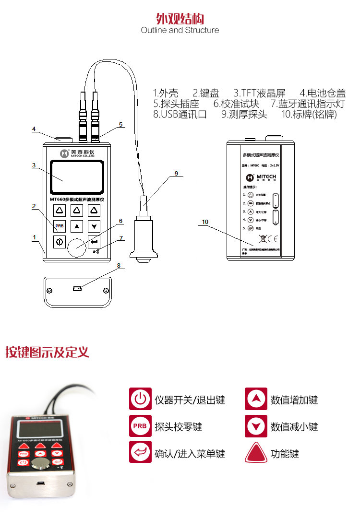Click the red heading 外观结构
tap(180, 18)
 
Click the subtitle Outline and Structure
tap(180, 30)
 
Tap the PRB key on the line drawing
tap(59, 226)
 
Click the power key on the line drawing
tap(59, 242)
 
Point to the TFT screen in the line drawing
tap(77, 178)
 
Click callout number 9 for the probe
tap(176, 174)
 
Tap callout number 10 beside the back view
tap(205, 222)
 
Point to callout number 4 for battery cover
tap(34, 129)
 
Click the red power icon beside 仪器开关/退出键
tap(140, 399)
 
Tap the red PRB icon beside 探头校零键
tap(140, 426)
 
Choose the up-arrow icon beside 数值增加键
tap(256, 399)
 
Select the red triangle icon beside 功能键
tap(256, 453)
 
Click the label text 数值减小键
tap(294, 426)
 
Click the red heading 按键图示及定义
tap(47, 353)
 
